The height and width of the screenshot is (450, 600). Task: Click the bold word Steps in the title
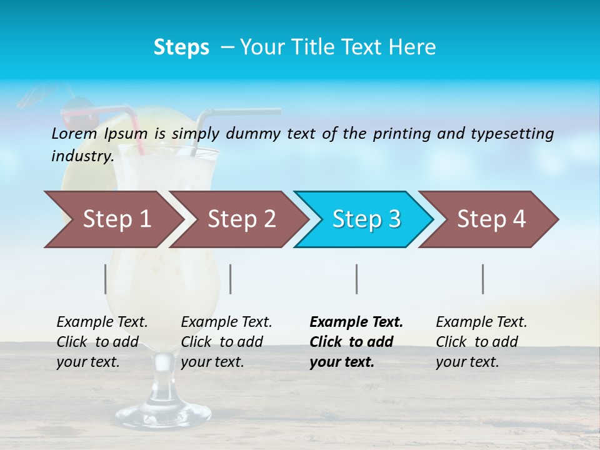point(181,47)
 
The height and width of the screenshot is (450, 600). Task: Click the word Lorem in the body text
point(74,133)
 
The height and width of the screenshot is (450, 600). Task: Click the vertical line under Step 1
point(106,279)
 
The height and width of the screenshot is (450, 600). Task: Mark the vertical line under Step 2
point(231,279)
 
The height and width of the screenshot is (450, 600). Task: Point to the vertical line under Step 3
point(357,279)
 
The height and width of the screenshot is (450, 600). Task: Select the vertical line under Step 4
point(483,279)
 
